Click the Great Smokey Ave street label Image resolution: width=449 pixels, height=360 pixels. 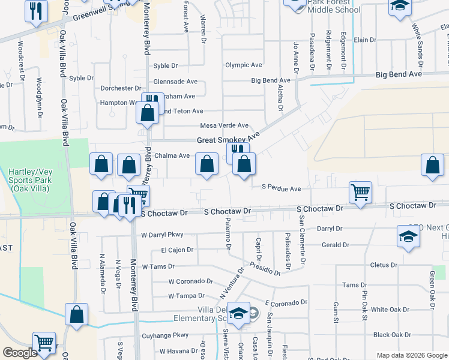click(228, 140)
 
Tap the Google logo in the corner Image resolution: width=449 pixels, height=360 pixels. click(20, 353)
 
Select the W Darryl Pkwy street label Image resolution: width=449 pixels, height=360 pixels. click(162, 235)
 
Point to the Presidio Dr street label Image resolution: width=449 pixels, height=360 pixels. click(265, 268)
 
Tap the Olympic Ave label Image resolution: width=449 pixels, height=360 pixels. click(244, 65)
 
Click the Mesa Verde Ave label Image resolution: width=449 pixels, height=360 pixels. click(224, 125)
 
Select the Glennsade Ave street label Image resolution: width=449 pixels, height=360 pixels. click(175, 82)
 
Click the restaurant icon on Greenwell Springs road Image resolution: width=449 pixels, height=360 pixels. click(37, 11)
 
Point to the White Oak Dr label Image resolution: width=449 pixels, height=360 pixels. click(391, 310)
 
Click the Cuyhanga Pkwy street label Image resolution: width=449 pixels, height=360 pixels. click(165, 335)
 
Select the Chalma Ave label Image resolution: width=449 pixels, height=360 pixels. click(172, 155)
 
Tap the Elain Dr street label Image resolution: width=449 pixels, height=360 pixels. click(364, 40)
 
